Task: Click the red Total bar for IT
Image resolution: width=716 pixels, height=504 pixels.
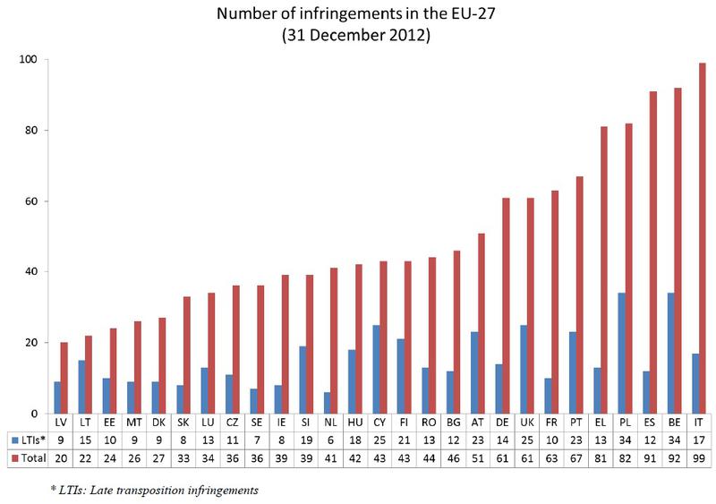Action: (703, 237)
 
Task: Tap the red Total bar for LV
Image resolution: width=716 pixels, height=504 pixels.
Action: (64, 378)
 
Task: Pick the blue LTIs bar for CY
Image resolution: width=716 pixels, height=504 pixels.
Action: (376, 369)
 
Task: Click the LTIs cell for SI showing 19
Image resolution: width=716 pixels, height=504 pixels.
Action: (305, 439)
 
